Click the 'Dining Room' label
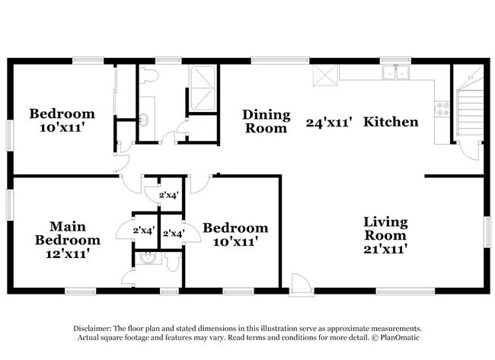266,122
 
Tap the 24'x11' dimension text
329,122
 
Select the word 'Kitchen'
391,122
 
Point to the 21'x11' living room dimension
385,249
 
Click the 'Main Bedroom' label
68,233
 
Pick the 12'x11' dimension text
68,253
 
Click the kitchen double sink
395,72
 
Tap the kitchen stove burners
443,108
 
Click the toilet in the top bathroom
148,75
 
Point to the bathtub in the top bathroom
203,88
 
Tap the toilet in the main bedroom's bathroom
173,260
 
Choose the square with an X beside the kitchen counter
325,75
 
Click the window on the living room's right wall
488,231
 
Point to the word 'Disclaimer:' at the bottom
92,329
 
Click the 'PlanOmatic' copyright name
400,338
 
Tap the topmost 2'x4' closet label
169,196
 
